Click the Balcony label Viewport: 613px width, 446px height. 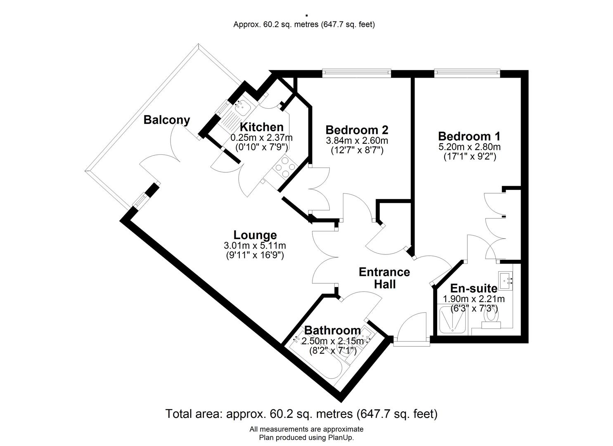[167, 120]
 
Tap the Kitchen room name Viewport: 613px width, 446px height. [262, 127]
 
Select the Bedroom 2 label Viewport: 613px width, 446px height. [357, 130]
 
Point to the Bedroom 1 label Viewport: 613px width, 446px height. [469, 136]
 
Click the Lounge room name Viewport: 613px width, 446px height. [255, 235]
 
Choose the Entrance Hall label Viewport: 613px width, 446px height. [384, 278]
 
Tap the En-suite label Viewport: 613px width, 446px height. [474, 289]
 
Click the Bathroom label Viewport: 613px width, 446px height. [332, 330]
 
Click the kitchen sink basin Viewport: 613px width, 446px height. [242, 107]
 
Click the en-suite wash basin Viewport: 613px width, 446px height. [505, 281]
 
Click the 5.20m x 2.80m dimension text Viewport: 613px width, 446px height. [470, 147]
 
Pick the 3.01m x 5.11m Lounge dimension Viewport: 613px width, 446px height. [255, 246]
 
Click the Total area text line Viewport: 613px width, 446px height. [301, 414]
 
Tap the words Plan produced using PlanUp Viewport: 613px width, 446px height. [306, 437]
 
